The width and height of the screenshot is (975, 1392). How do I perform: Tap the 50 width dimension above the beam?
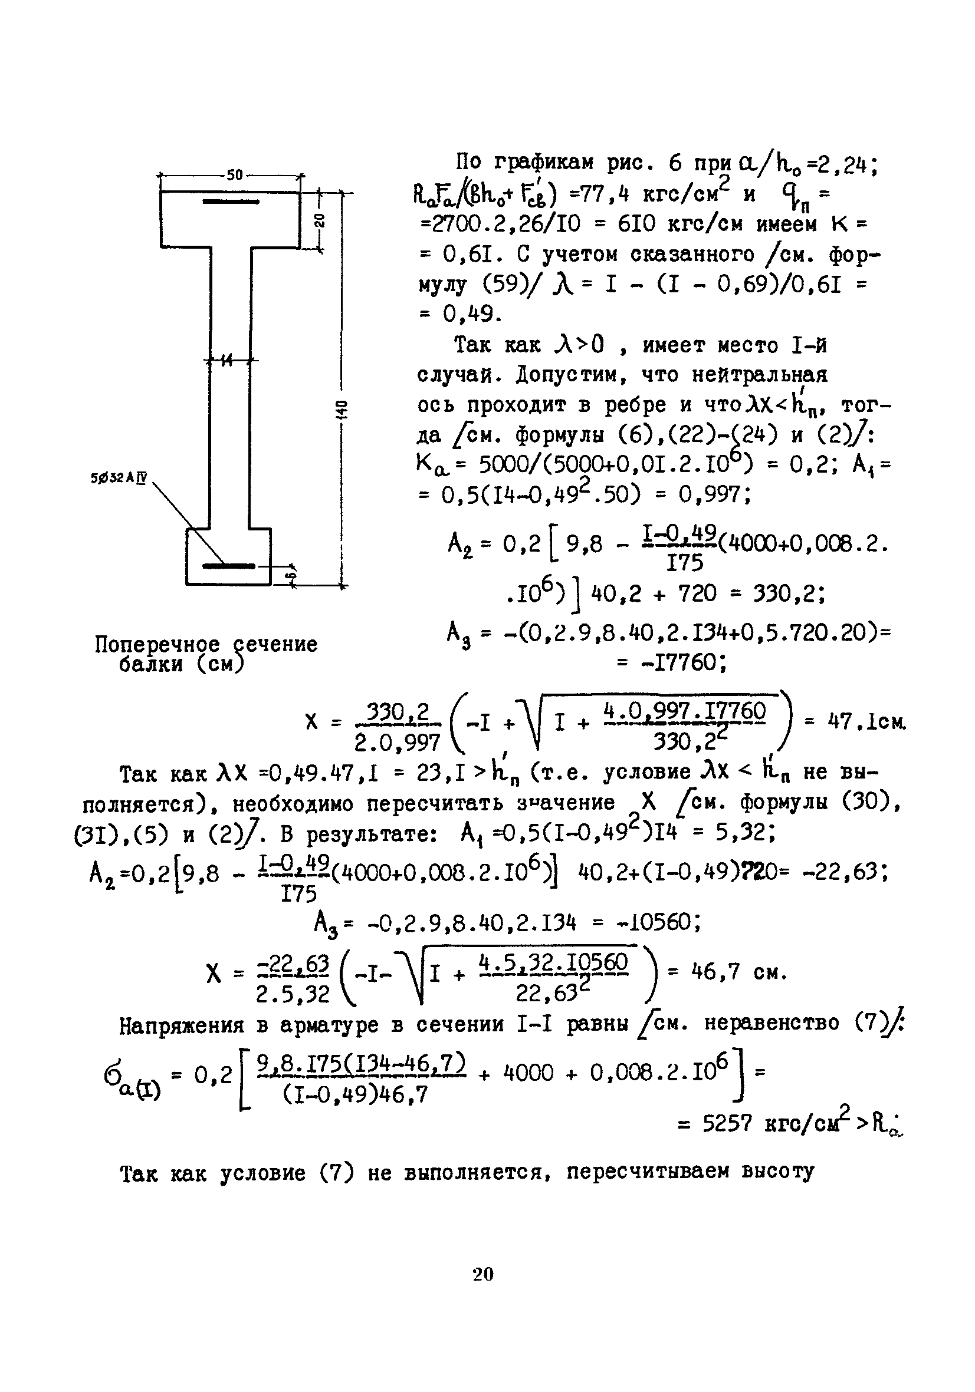234,175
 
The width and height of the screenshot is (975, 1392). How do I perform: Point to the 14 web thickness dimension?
226,360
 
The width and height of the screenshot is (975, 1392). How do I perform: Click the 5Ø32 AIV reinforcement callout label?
120,478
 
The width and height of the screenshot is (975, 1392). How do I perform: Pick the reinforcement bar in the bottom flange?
228,566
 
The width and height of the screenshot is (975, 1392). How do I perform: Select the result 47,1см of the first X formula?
868,722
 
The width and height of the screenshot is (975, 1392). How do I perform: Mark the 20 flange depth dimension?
320,220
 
